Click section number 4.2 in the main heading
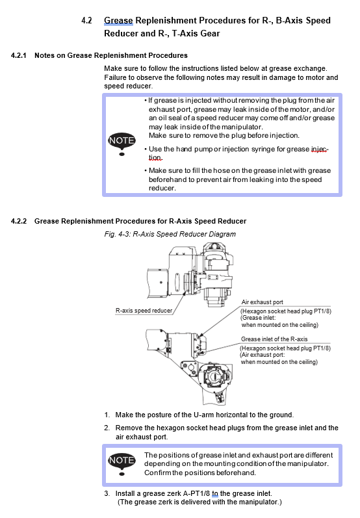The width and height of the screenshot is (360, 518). click(x=86, y=21)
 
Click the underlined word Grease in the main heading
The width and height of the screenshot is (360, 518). click(x=118, y=21)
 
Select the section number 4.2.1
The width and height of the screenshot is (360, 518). click(x=18, y=55)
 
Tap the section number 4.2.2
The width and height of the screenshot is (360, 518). click(x=19, y=221)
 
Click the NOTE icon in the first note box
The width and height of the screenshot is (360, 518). click(x=122, y=144)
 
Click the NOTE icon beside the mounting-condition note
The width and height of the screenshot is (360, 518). click(x=122, y=463)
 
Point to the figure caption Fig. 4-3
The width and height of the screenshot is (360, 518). click(x=170, y=234)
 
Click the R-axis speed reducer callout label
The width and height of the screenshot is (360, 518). click(x=144, y=311)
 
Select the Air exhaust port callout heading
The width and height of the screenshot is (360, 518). click(x=262, y=302)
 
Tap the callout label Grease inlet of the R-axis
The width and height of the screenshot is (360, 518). click(x=274, y=339)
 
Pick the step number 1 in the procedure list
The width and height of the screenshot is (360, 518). click(x=107, y=415)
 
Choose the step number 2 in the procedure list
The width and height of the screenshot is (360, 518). click(x=107, y=428)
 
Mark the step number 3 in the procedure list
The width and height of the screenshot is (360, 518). click(x=107, y=493)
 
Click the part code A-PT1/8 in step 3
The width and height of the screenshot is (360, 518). click(x=196, y=493)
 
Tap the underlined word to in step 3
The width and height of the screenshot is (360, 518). click(x=215, y=493)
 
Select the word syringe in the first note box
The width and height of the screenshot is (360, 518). click(x=263, y=149)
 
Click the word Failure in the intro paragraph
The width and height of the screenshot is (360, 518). click(x=115, y=77)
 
